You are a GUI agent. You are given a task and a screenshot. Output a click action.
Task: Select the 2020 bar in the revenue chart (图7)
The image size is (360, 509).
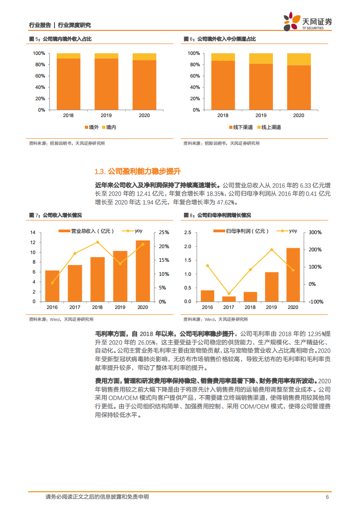143,271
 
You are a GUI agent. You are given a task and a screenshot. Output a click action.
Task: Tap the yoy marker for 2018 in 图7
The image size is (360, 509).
97,242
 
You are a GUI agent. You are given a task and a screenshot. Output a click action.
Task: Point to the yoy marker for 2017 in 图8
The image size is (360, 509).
229,294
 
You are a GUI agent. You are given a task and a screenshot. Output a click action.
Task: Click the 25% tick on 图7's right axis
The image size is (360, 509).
164,232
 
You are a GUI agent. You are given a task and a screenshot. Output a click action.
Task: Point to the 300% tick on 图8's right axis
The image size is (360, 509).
315,232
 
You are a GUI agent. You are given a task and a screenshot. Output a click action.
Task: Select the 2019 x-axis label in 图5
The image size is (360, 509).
106,116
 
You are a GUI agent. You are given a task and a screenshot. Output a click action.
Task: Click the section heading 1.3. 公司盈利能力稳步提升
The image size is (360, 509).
138,171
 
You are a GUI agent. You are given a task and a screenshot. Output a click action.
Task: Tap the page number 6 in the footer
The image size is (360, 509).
327,497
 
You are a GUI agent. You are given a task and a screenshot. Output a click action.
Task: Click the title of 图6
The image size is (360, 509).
220,39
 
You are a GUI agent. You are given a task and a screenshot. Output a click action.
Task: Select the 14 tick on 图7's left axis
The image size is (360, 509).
33,232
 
